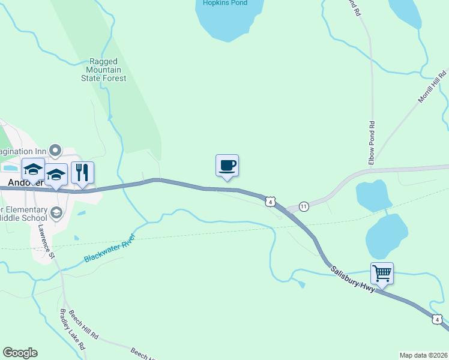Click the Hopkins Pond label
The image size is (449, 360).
point(225,3)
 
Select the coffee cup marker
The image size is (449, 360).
point(227,165)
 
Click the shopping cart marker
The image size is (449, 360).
point(382,274)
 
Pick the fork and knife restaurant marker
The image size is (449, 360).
point(82,172)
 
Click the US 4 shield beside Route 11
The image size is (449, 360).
point(271,202)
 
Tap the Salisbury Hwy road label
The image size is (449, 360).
point(354,279)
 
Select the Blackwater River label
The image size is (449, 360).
point(110,248)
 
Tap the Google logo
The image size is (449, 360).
point(20,353)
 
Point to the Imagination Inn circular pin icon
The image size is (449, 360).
point(56,149)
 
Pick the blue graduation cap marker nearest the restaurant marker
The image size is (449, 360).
point(56,175)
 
